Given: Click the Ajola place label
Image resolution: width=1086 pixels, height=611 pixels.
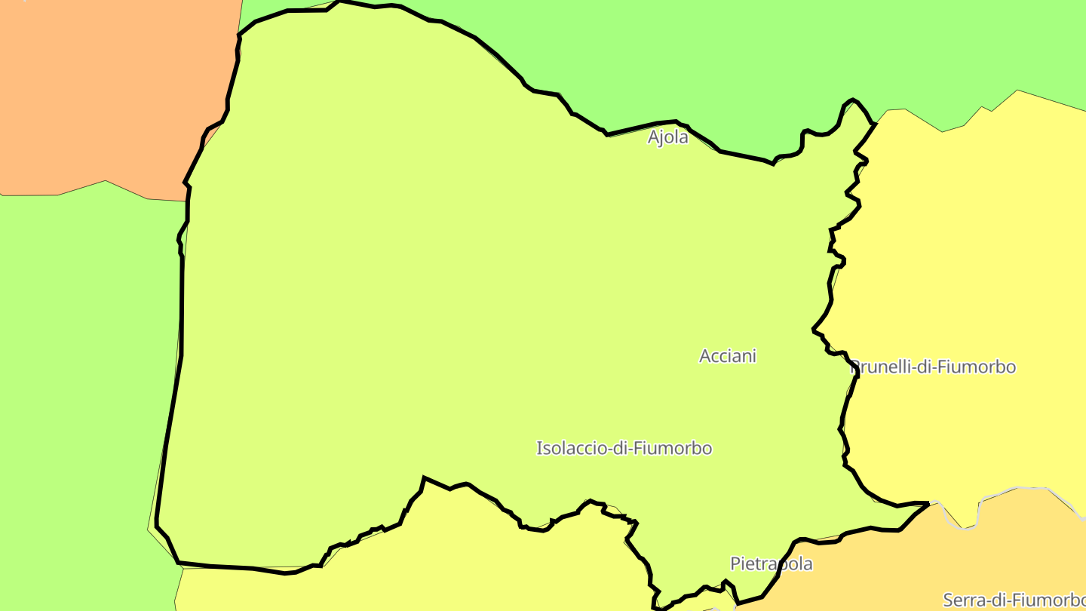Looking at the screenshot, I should pyautogui.click(x=668, y=137).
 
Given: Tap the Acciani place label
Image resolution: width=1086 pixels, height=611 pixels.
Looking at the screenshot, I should pyautogui.click(x=728, y=356).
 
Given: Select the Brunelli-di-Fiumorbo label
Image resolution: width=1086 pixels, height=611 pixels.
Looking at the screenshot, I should pyautogui.click(x=934, y=367).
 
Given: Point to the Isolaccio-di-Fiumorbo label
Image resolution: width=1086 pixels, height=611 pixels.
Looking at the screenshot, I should pyautogui.click(x=624, y=448).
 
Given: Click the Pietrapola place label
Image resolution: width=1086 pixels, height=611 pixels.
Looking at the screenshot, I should pyautogui.click(x=772, y=563).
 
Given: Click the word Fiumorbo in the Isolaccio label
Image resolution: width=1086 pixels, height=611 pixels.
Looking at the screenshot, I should pyautogui.click(x=672, y=448).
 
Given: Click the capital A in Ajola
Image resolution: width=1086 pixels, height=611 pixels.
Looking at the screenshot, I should pyautogui.click(x=654, y=137).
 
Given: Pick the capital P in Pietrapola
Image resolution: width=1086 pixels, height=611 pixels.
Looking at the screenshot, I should pyautogui.click(x=735, y=563).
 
